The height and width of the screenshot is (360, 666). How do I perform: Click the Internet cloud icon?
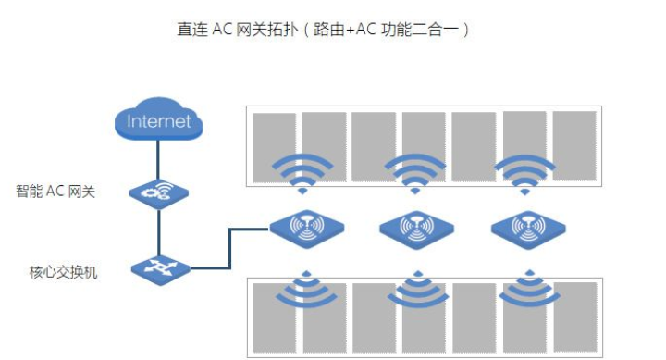click(x=158, y=121)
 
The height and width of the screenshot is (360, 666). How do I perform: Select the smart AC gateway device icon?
click(x=159, y=192)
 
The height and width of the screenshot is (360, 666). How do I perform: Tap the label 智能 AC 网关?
click(x=56, y=192)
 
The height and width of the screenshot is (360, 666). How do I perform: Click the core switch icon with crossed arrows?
click(x=159, y=269)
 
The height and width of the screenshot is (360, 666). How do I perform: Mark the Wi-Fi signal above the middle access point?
click(x=413, y=172)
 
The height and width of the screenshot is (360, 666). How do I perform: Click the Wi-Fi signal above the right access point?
click(x=524, y=172)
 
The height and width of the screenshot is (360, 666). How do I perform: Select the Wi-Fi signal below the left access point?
click(x=305, y=288)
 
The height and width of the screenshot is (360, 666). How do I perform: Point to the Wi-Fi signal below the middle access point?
click(x=416, y=288)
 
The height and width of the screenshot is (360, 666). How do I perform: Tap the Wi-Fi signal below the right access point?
click(x=528, y=288)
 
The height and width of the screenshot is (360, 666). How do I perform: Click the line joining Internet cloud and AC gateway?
click(x=159, y=159)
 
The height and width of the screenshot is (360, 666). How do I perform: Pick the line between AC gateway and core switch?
click(x=159, y=231)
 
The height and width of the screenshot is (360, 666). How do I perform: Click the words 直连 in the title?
click(x=192, y=29)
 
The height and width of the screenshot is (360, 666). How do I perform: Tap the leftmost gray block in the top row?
click(x=274, y=146)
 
